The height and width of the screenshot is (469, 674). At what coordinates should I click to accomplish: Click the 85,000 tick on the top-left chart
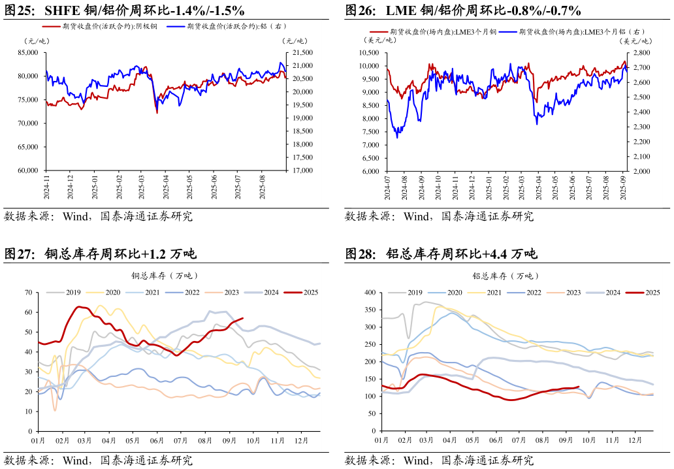coord(29,52)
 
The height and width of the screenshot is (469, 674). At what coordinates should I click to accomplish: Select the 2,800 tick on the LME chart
coord(641,52)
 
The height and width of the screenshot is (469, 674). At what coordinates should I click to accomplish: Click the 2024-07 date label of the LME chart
coord(388,187)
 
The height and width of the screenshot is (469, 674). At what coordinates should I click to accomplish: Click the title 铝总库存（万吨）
coord(506,276)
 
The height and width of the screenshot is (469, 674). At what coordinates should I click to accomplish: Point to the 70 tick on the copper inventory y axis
coord(29,293)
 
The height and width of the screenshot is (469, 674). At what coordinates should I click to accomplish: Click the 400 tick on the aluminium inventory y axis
coord(369,293)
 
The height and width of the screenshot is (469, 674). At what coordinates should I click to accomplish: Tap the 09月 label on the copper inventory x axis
coord(231,441)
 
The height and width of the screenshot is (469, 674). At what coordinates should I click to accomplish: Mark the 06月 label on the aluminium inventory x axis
coord(496,441)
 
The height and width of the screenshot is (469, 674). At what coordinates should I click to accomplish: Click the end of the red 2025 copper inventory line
coord(243,318)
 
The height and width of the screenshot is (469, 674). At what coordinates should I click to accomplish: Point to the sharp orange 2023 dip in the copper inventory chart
coord(55,410)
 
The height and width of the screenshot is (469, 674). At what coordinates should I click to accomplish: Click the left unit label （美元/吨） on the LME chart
coord(378,40)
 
